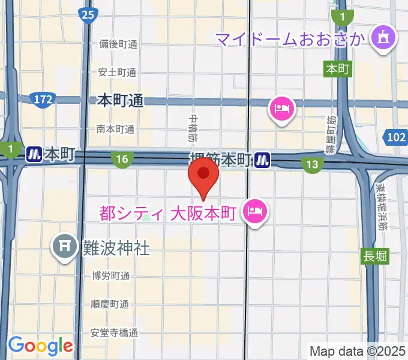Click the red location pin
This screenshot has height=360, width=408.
tap(203, 178)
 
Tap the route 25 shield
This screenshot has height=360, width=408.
tap(88, 15)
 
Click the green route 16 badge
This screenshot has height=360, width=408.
tap(122, 159)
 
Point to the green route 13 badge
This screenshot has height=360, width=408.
tap(312, 164)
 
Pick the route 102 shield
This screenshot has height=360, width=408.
tap(397, 138)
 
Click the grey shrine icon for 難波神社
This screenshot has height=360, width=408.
tap(65, 246)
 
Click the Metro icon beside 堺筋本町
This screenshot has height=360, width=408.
tap(261, 159)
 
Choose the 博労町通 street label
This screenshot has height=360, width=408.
tap(110, 276)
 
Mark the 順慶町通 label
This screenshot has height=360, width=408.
tap(110, 304)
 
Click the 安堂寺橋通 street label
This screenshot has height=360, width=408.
tap(115, 332)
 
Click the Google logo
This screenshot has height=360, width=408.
tap(40, 346)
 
